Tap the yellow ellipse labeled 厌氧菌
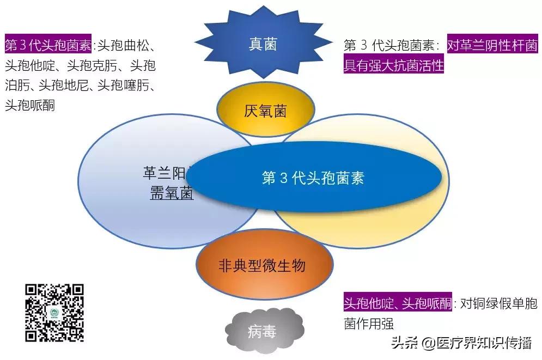pyautogui.click(x=265, y=111)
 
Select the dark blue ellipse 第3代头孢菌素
pyautogui.click(x=313, y=178)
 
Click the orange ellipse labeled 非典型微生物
pyautogui.click(x=261, y=266)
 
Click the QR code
pyautogui.click(x=55, y=313)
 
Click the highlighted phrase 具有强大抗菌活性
pyautogui.click(x=393, y=65)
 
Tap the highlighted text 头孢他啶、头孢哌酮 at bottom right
pyautogui.click(x=398, y=303)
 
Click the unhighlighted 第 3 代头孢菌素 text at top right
pyautogui.click(x=393, y=45)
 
